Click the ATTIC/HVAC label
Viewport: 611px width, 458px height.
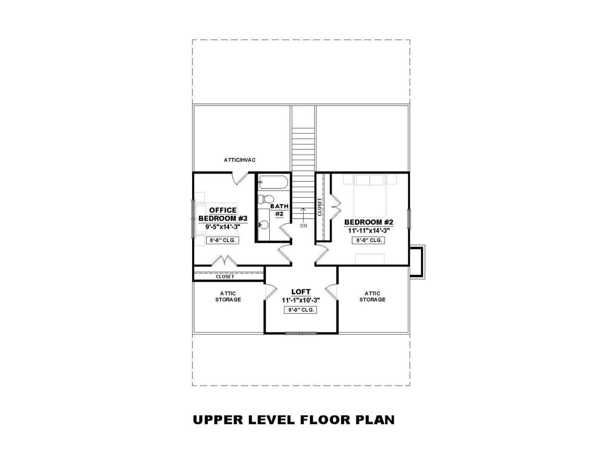pos(240,160)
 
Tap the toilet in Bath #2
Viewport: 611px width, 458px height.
pos(266,199)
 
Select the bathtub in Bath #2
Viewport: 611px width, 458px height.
pos(273,182)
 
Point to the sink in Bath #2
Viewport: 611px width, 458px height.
pos(263,224)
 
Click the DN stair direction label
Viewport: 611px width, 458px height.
pos(304,226)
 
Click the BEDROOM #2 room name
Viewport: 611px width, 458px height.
pos(369,222)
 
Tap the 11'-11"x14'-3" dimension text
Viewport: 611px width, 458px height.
pos(369,231)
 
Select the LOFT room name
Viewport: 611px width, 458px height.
pos(301,292)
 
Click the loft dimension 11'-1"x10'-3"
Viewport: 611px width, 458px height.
pos(301,300)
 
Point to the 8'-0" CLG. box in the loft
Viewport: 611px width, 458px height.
pos(301,310)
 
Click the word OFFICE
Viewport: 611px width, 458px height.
pos(223,210)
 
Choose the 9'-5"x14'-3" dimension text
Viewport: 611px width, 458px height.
pos(223,227)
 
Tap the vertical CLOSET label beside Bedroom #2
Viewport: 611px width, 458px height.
pos(320,207)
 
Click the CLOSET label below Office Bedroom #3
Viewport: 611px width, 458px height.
pos(225,277)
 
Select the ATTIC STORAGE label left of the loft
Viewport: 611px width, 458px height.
pos(228,297)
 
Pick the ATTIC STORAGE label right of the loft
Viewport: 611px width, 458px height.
pos(372,297)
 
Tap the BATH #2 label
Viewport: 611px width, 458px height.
pos(280,210)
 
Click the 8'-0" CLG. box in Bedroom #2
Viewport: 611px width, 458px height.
pos(369,240)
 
